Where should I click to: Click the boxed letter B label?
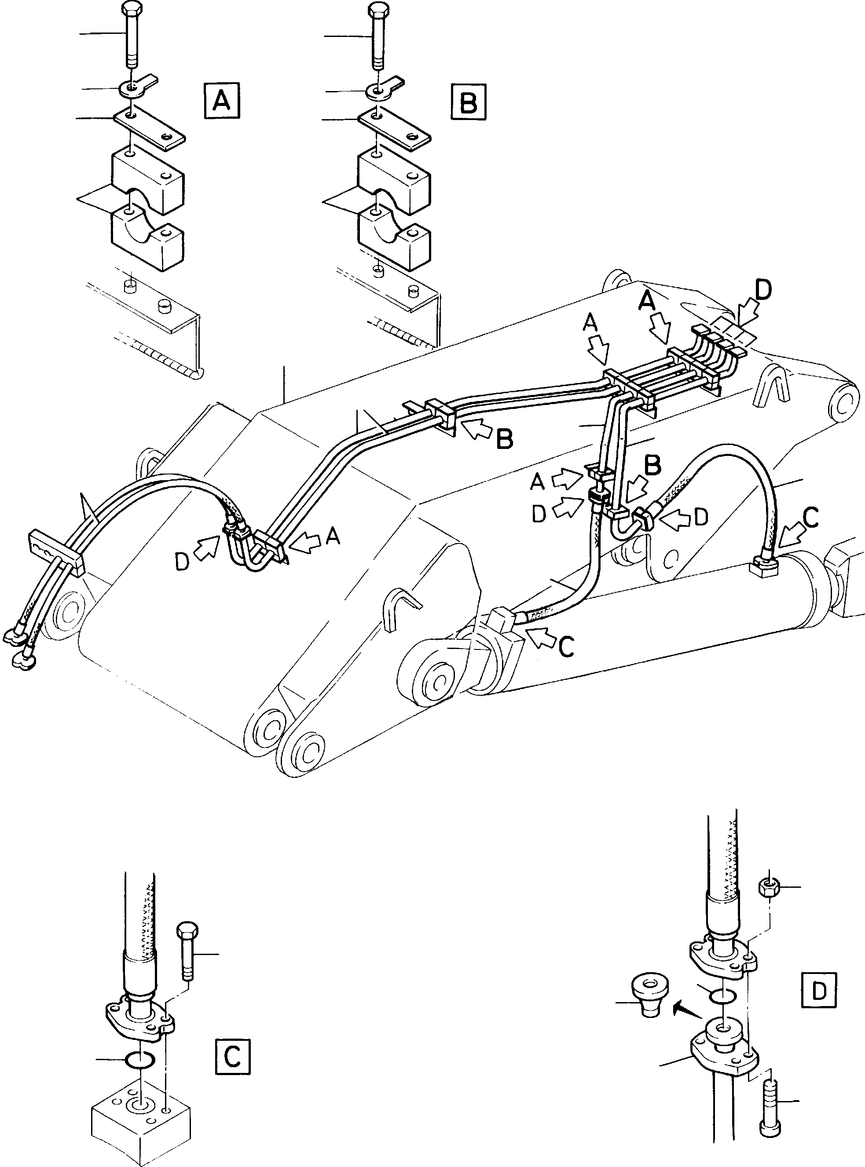[x=468, y=101]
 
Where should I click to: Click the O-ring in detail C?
[x=140, y=1059]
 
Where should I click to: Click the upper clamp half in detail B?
[x=394, y=181]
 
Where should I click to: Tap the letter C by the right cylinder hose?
[x=810, y=518]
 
